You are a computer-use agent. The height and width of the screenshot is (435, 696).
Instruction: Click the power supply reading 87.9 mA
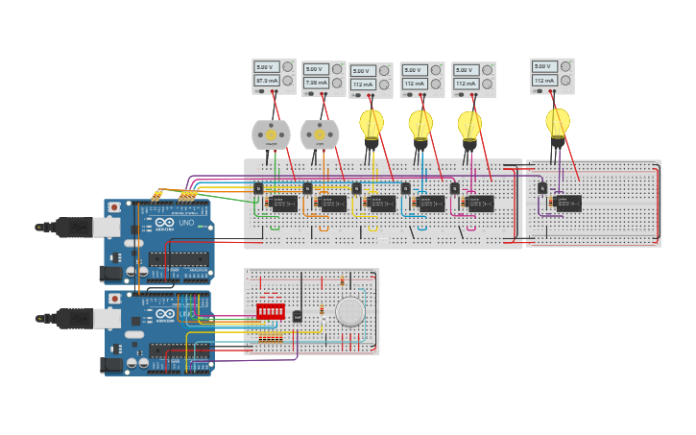[274, 76]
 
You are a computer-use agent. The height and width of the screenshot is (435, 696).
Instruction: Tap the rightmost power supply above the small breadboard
[552, 76]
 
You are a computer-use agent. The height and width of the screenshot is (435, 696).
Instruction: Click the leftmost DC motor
[271, 135]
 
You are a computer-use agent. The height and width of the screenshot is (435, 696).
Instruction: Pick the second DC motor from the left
[320, 135]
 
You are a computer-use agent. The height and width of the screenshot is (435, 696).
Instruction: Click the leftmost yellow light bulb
[372, 125]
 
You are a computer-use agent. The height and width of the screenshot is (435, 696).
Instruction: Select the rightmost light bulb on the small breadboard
[558, 124]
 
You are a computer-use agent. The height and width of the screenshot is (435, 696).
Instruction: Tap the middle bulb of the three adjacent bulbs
[420, 125]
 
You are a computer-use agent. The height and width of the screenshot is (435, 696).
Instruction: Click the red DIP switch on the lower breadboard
[271, 312]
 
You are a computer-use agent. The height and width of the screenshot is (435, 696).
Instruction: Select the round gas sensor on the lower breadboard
[350, 311]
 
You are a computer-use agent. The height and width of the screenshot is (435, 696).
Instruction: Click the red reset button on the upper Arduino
[114, 206]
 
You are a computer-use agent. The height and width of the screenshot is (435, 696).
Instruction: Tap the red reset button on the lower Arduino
[114, 299]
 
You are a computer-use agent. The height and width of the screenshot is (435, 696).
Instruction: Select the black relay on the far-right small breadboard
[568, 203]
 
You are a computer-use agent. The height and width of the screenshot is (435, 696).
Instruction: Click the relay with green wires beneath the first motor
[283, 203]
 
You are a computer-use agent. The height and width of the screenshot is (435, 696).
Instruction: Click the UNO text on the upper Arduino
[185, 224]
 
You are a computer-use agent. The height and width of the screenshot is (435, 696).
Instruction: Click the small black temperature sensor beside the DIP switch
[298, 316]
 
